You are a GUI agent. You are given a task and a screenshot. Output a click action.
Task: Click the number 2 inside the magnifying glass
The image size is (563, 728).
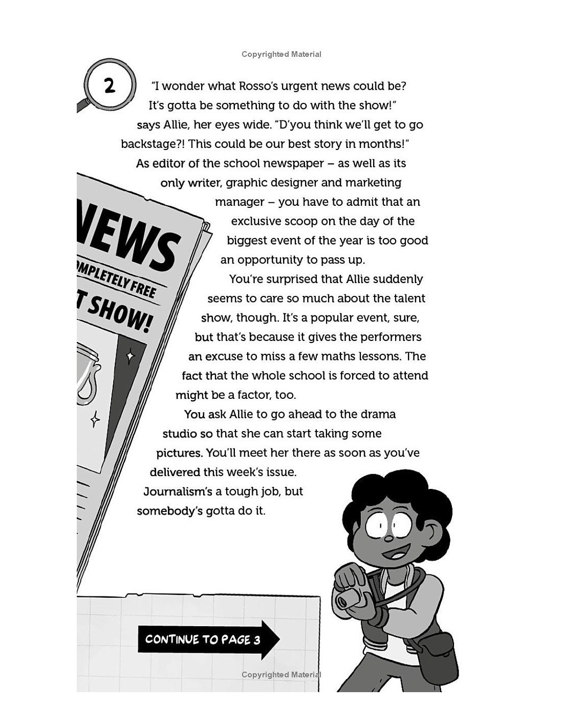pyautogui.click(x=110, y=85)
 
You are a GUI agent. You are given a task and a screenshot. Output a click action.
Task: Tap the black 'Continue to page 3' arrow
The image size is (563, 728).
pyautogui.click(x=208, y=639)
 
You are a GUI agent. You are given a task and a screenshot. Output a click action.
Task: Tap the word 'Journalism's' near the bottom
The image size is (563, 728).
pyautogui.click(x=177, y=491)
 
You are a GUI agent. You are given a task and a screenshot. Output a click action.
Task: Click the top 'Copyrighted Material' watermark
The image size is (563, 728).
pyautogui.click(x=281, y=54)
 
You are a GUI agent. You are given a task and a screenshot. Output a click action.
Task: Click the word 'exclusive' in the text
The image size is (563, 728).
pyautogui.click(x=256, y=221)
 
